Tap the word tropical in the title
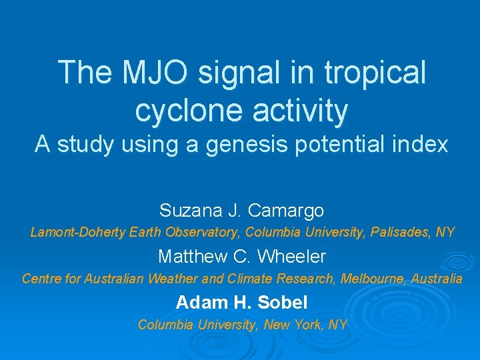pos(375,73)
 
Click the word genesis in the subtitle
pos(235,145)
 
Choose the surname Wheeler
pos(291,256)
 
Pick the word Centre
pos(42,279)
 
